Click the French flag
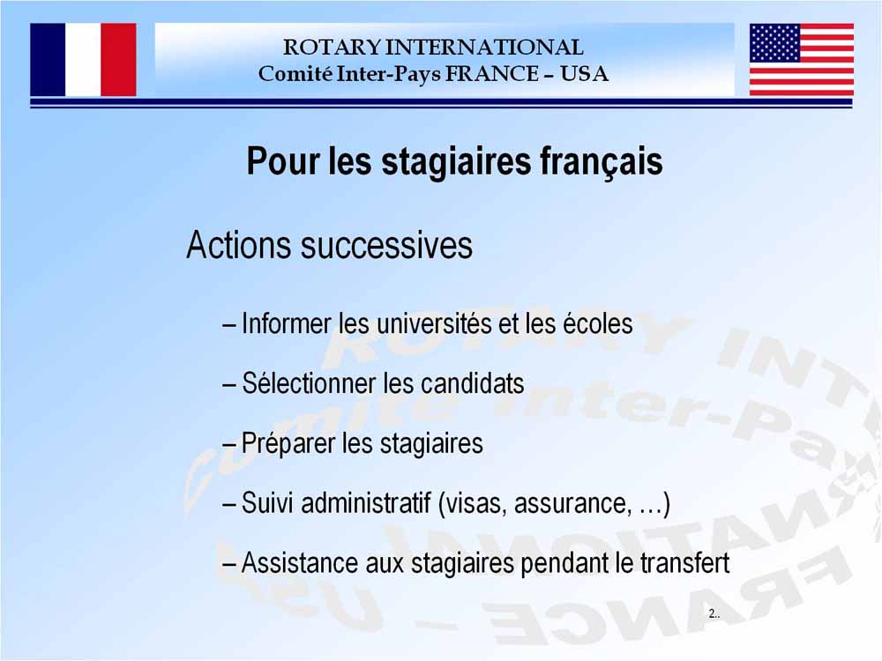(x=83, y=60)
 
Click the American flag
(x=802, y=60)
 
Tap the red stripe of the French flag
(x=119, y=60)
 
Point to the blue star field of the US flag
(x=775, y=42)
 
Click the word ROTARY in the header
(x=332, y=48)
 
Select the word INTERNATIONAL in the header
(x=484, y=48)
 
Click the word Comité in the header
(x=295, y=74)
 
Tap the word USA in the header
(x=584, y=74)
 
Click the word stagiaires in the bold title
(x=456, y=161)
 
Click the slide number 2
(x=712, y=613)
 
